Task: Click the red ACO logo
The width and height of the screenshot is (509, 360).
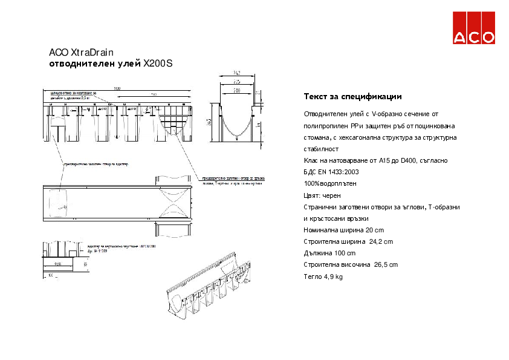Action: click(475, 28)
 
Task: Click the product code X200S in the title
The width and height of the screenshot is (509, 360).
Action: click(158, 63)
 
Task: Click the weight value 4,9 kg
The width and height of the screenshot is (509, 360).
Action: click(331, 277)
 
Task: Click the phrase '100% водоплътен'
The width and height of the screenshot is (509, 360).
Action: click(330, 183)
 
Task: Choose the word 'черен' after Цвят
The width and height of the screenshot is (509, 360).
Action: click(330, 195)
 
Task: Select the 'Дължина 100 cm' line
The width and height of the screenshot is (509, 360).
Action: click(329, 253)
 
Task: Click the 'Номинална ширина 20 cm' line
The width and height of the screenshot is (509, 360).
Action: click(343, 230)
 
